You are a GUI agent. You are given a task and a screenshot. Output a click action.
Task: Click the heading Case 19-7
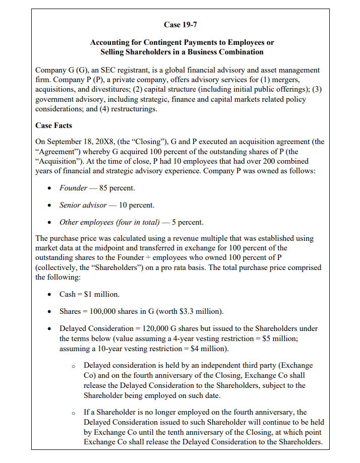click(179, 25)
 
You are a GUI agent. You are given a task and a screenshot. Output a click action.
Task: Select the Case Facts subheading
click(53, 125)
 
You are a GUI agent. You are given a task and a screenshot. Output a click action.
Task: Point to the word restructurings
click(133, 109)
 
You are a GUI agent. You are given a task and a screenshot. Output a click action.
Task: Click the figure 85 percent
click(117, 188)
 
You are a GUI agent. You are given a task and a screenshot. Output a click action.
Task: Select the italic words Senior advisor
click(83, 205)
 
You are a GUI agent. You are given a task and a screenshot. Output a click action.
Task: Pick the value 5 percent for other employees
click(187, 222)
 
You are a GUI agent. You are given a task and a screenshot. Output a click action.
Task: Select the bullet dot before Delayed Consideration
click(49, 329)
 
